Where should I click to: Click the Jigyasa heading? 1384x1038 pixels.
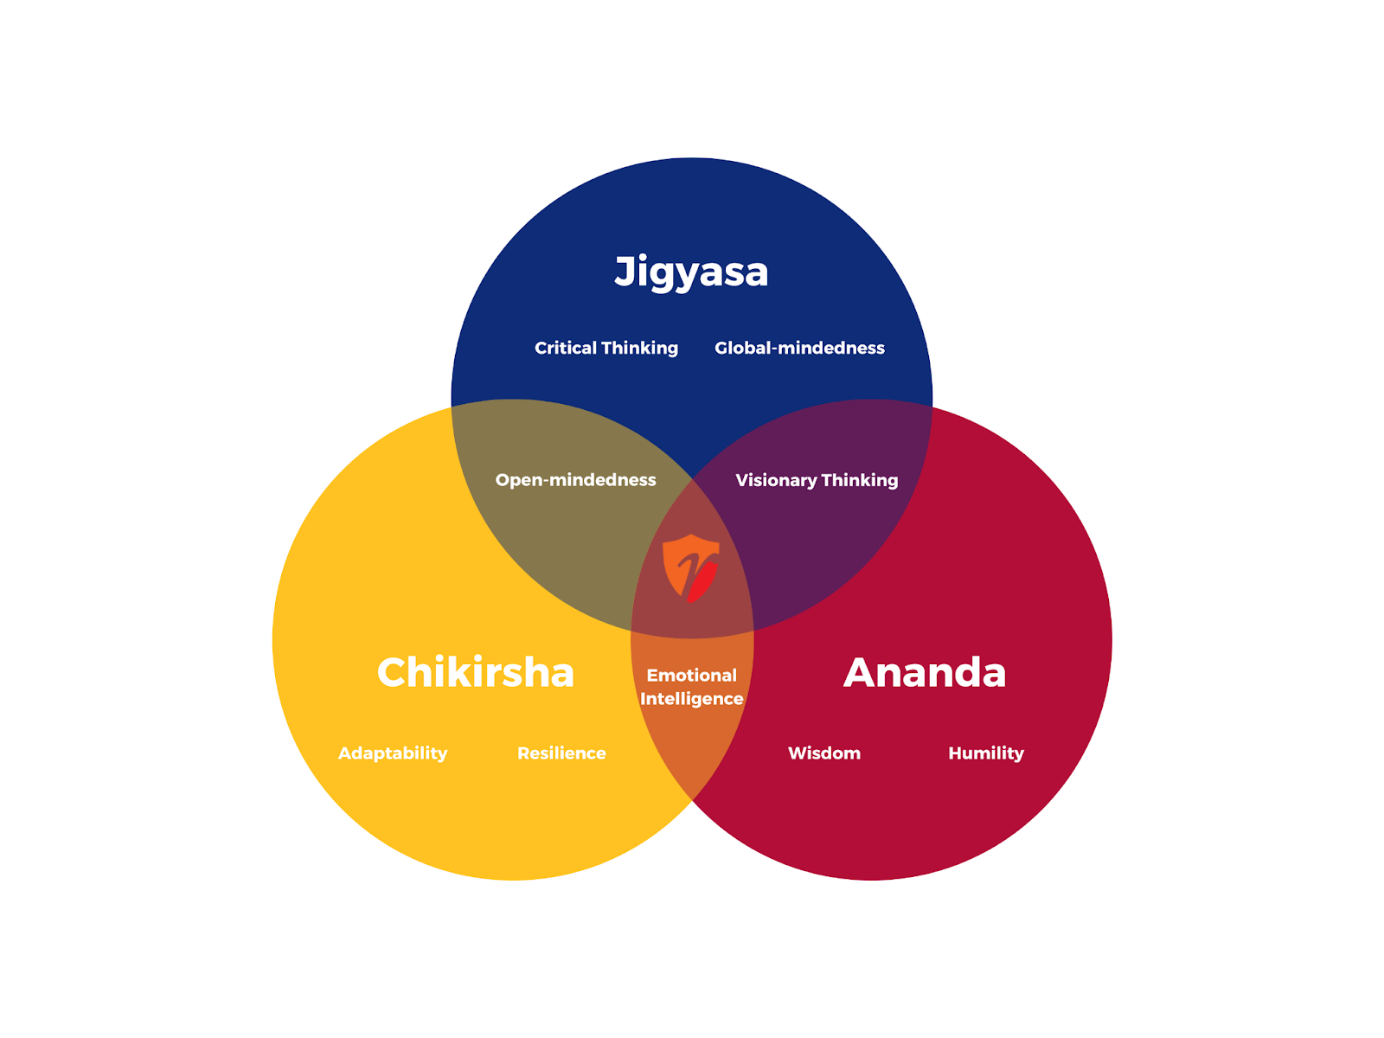(x=691, y=272)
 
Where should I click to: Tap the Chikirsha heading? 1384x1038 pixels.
(x=476, y=673)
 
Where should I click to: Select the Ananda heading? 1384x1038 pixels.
(x=925, y=673)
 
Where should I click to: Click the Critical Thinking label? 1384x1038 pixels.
(x=605, y=348)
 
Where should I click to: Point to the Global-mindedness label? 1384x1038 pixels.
(x=799, y=348)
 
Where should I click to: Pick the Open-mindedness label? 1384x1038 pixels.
(x=575, y=480)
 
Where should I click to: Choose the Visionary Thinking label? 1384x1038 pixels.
(x=817, y=480)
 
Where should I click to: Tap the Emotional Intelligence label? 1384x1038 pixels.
(x=691, y=687)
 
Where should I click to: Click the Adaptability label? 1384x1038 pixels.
(x=393, y=753)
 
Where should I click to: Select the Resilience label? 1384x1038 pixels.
(x=561, y=753)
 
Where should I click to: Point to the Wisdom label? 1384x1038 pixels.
(x=824, y=753)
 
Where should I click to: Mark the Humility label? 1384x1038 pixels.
(x=986, y=753)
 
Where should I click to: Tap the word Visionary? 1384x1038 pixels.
(x=776, y=480)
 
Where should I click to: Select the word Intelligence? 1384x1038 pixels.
(x=691, y=699)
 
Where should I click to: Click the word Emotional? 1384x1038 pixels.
(x=691, y=676)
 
